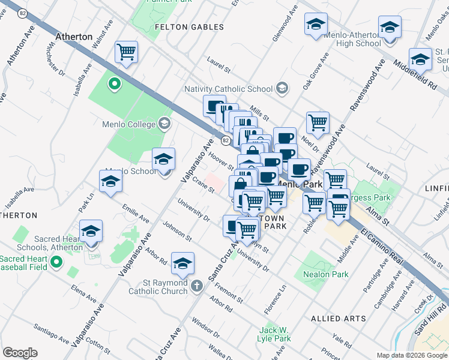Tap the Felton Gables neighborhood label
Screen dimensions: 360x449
[189, 27]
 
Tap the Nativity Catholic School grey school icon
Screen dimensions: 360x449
[281, 89]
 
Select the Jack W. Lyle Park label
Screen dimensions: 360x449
[275, 335]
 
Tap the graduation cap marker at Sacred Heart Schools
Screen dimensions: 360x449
[91, 231]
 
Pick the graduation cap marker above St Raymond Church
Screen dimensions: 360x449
[182, 263]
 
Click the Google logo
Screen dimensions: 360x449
[20, 353]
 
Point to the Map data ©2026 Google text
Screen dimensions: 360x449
[411, 355]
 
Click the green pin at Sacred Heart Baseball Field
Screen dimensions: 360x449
[56, 262]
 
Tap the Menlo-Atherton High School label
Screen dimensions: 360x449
[352, 39]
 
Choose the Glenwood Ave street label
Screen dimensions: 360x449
[285, 23]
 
